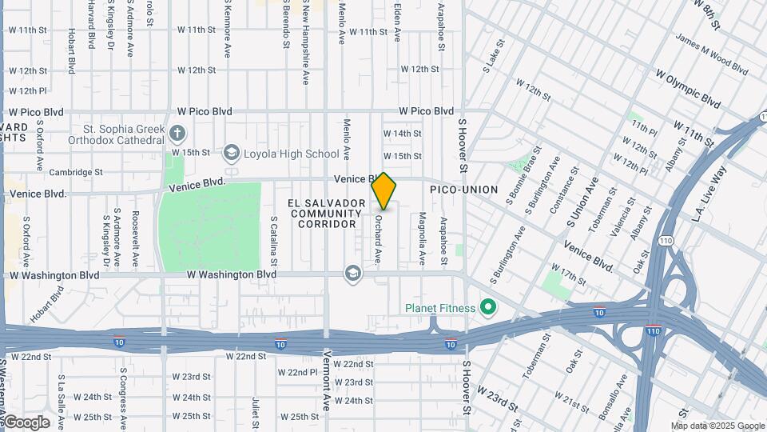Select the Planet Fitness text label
[x=440, y=308]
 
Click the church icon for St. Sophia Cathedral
[x=177, y=132]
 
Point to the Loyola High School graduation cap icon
[x=232, y=153]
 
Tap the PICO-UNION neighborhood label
[x=463, y=190]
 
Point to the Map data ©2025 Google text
[x=717, y=426]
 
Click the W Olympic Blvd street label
[x=687, y=88]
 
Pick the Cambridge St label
[x=76, y=172]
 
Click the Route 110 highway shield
[x=665, y=240]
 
